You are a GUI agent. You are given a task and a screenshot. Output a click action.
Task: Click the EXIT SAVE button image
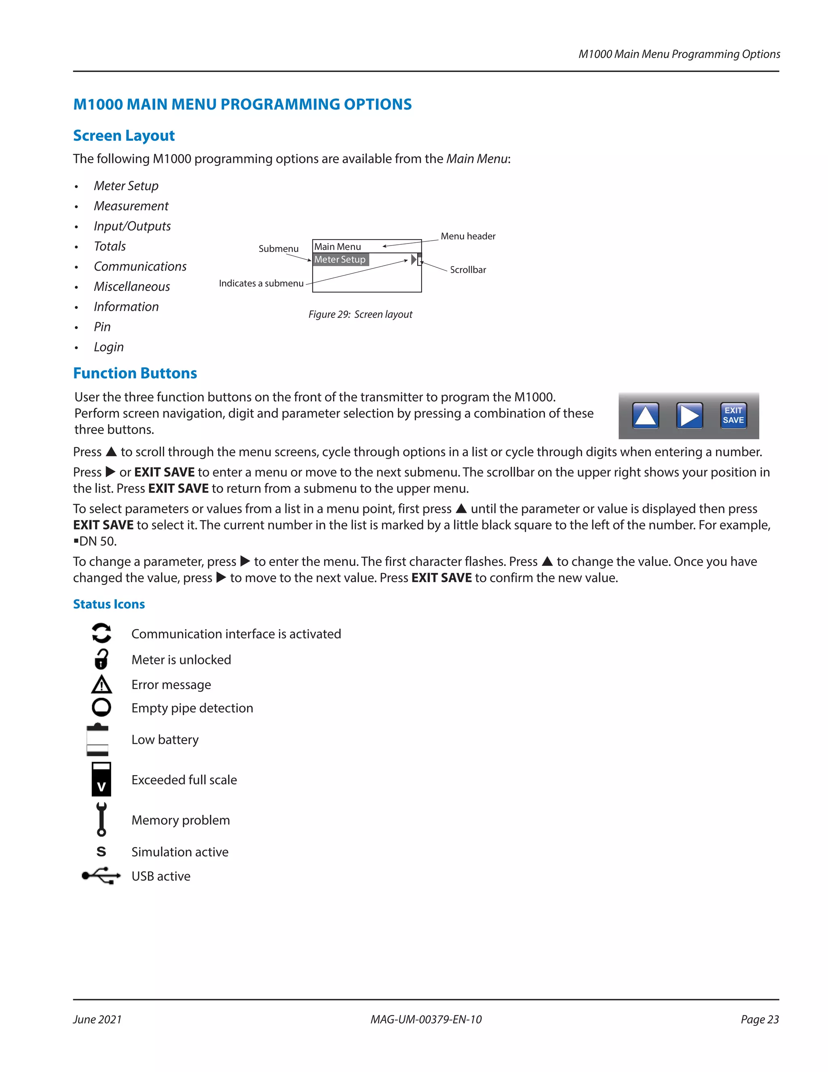click(733, 415)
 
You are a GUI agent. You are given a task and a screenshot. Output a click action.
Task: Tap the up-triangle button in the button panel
click(646, 415)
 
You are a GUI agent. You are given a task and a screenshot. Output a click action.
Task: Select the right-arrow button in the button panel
click(689, 415)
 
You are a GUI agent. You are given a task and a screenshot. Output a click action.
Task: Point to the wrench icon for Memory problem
click(101, 819)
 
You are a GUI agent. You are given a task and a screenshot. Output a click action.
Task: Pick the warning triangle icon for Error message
click(101, 684)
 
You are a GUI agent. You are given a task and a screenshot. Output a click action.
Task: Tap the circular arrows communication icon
click(101, 633)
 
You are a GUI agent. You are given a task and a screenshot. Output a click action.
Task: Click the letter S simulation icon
click(101, 851)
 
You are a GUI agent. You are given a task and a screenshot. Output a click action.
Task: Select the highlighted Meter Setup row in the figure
click(340, 259)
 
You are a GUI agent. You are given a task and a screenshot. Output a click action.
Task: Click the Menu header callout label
click(467, 236)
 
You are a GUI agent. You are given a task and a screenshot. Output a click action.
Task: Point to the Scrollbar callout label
click(467, 269)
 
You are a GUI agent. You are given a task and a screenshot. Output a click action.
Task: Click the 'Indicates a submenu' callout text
click(261, 283)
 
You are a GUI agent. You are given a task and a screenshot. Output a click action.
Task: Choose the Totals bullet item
click(110, 246)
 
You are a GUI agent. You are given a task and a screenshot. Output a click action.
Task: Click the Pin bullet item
click(102, 326)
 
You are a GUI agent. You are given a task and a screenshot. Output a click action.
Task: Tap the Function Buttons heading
click(135, 373)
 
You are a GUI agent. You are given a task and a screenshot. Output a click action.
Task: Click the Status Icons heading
click(109, 604)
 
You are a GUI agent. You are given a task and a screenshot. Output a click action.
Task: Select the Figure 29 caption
click(360, 314)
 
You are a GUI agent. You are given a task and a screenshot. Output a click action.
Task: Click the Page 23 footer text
click(759, 1019)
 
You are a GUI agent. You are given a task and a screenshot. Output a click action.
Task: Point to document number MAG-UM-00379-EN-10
click(426, 1019)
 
